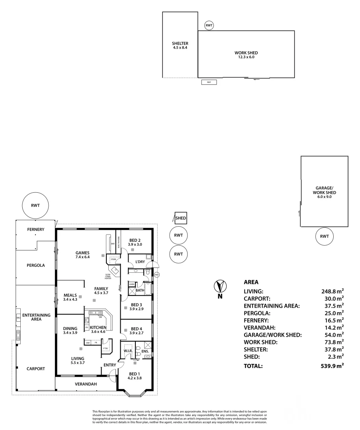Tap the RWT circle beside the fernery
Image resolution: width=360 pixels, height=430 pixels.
tap(35, 205)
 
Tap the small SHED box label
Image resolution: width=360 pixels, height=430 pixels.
tap(180, 218)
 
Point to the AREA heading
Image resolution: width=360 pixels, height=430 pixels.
tap(251, 282)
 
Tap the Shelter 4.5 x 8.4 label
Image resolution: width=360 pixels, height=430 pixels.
tap(180, 45)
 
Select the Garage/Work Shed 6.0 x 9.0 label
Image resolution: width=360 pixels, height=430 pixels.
tap(325, 192)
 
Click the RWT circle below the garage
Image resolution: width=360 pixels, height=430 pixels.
tap(325, 236)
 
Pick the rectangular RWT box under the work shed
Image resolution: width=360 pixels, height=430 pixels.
tap(209, 82)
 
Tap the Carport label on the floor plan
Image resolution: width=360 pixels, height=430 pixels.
tap(36, 369)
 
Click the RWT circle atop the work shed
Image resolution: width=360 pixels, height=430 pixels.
tap(209, 25)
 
